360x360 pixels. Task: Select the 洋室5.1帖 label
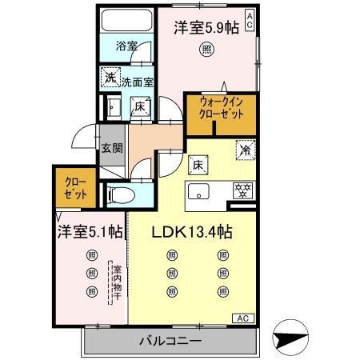pyautogui.click(x=89, y=232)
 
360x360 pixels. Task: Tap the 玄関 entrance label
pyautogui.click(x=110, y=147)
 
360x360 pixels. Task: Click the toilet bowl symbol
pyautogui.click(x=118, y=194)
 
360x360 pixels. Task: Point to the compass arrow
pyautogui.click(x=292, y=338)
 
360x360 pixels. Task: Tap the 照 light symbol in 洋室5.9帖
pyautogui.click(x=206, y=48)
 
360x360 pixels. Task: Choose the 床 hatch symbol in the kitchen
pyautogui.click(x=195, y=165)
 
